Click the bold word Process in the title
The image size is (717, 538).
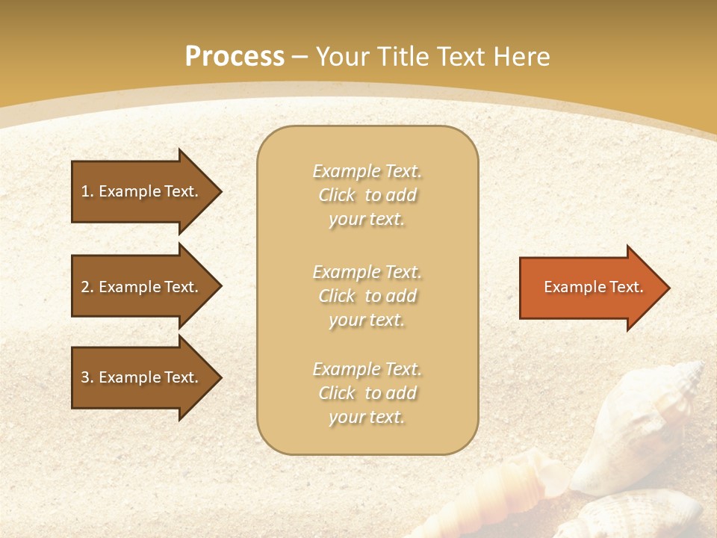click(x=235, y=57)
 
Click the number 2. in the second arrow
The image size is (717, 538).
click(x=87, y=287)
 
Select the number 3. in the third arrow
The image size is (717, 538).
click(x=87, y=377)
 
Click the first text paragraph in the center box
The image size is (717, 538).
click(x=367, y=195)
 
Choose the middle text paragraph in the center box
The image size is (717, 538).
click(x=367, y=296)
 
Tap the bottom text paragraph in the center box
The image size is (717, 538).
click(x=367, y=393)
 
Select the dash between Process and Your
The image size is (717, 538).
click(x=300, y=57)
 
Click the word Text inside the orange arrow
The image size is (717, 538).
click(x=626, y=287)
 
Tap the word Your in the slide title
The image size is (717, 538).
click(x=344, y=57)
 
